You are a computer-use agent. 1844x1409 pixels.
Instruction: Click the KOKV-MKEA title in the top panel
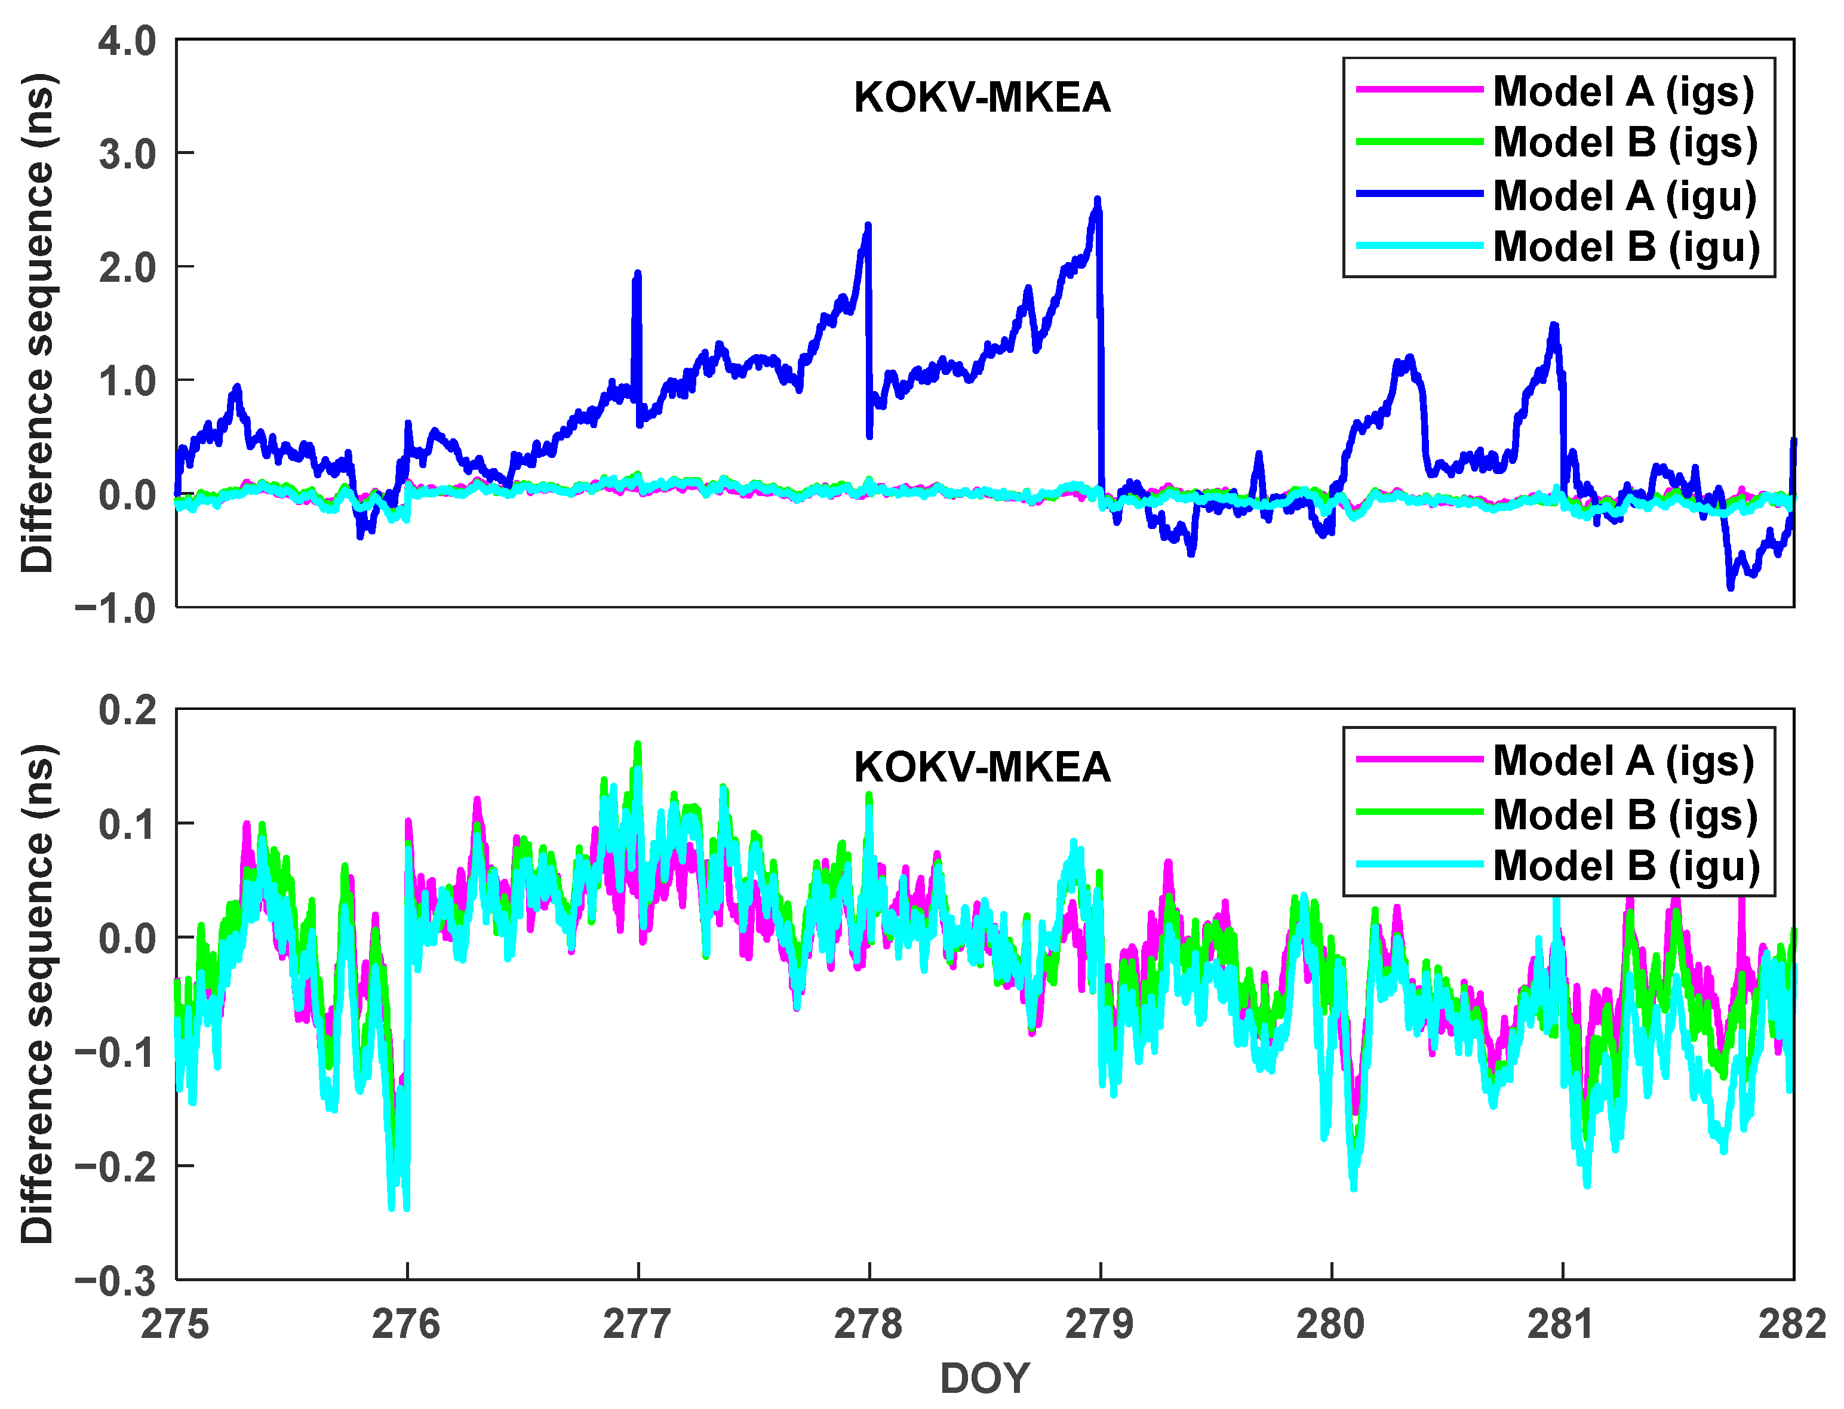(982, 98)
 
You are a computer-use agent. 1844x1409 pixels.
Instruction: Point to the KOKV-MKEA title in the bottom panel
(982, 767)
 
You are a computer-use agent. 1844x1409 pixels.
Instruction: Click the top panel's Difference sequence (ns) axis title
(38, 323)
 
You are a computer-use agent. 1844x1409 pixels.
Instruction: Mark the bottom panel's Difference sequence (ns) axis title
(38, 994)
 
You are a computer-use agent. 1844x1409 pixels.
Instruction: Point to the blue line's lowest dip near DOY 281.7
(1730, 586)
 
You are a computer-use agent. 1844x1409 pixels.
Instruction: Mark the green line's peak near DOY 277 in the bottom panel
(638, 744)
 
